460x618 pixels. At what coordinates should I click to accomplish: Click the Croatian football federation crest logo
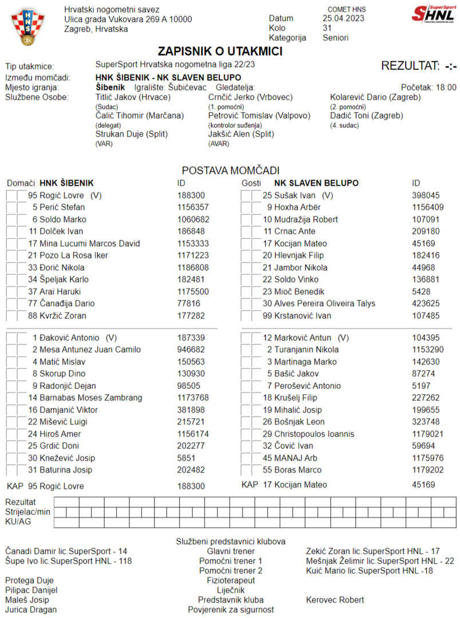[x=26, y=27]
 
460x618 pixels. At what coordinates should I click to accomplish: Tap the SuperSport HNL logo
[x=433, y=13]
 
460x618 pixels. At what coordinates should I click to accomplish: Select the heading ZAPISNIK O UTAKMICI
[x=228, y=51]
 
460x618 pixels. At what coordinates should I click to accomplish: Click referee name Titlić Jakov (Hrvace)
[x=133, y=97]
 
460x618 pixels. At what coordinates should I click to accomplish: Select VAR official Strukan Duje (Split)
[x=129, y=134]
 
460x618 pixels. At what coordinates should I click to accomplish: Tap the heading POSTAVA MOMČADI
[x=230, y=171]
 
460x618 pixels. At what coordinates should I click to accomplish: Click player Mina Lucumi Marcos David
[x=90, y=243]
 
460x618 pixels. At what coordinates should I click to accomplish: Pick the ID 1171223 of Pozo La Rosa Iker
[x=193, y=255]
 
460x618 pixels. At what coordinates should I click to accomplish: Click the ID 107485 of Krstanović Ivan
[x=426, y=315]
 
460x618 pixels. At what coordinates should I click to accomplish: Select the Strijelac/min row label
[x=27, y=512]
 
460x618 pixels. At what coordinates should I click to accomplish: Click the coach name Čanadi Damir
[x=34, y=551]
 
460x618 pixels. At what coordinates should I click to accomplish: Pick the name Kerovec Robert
[x=335, y=600]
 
